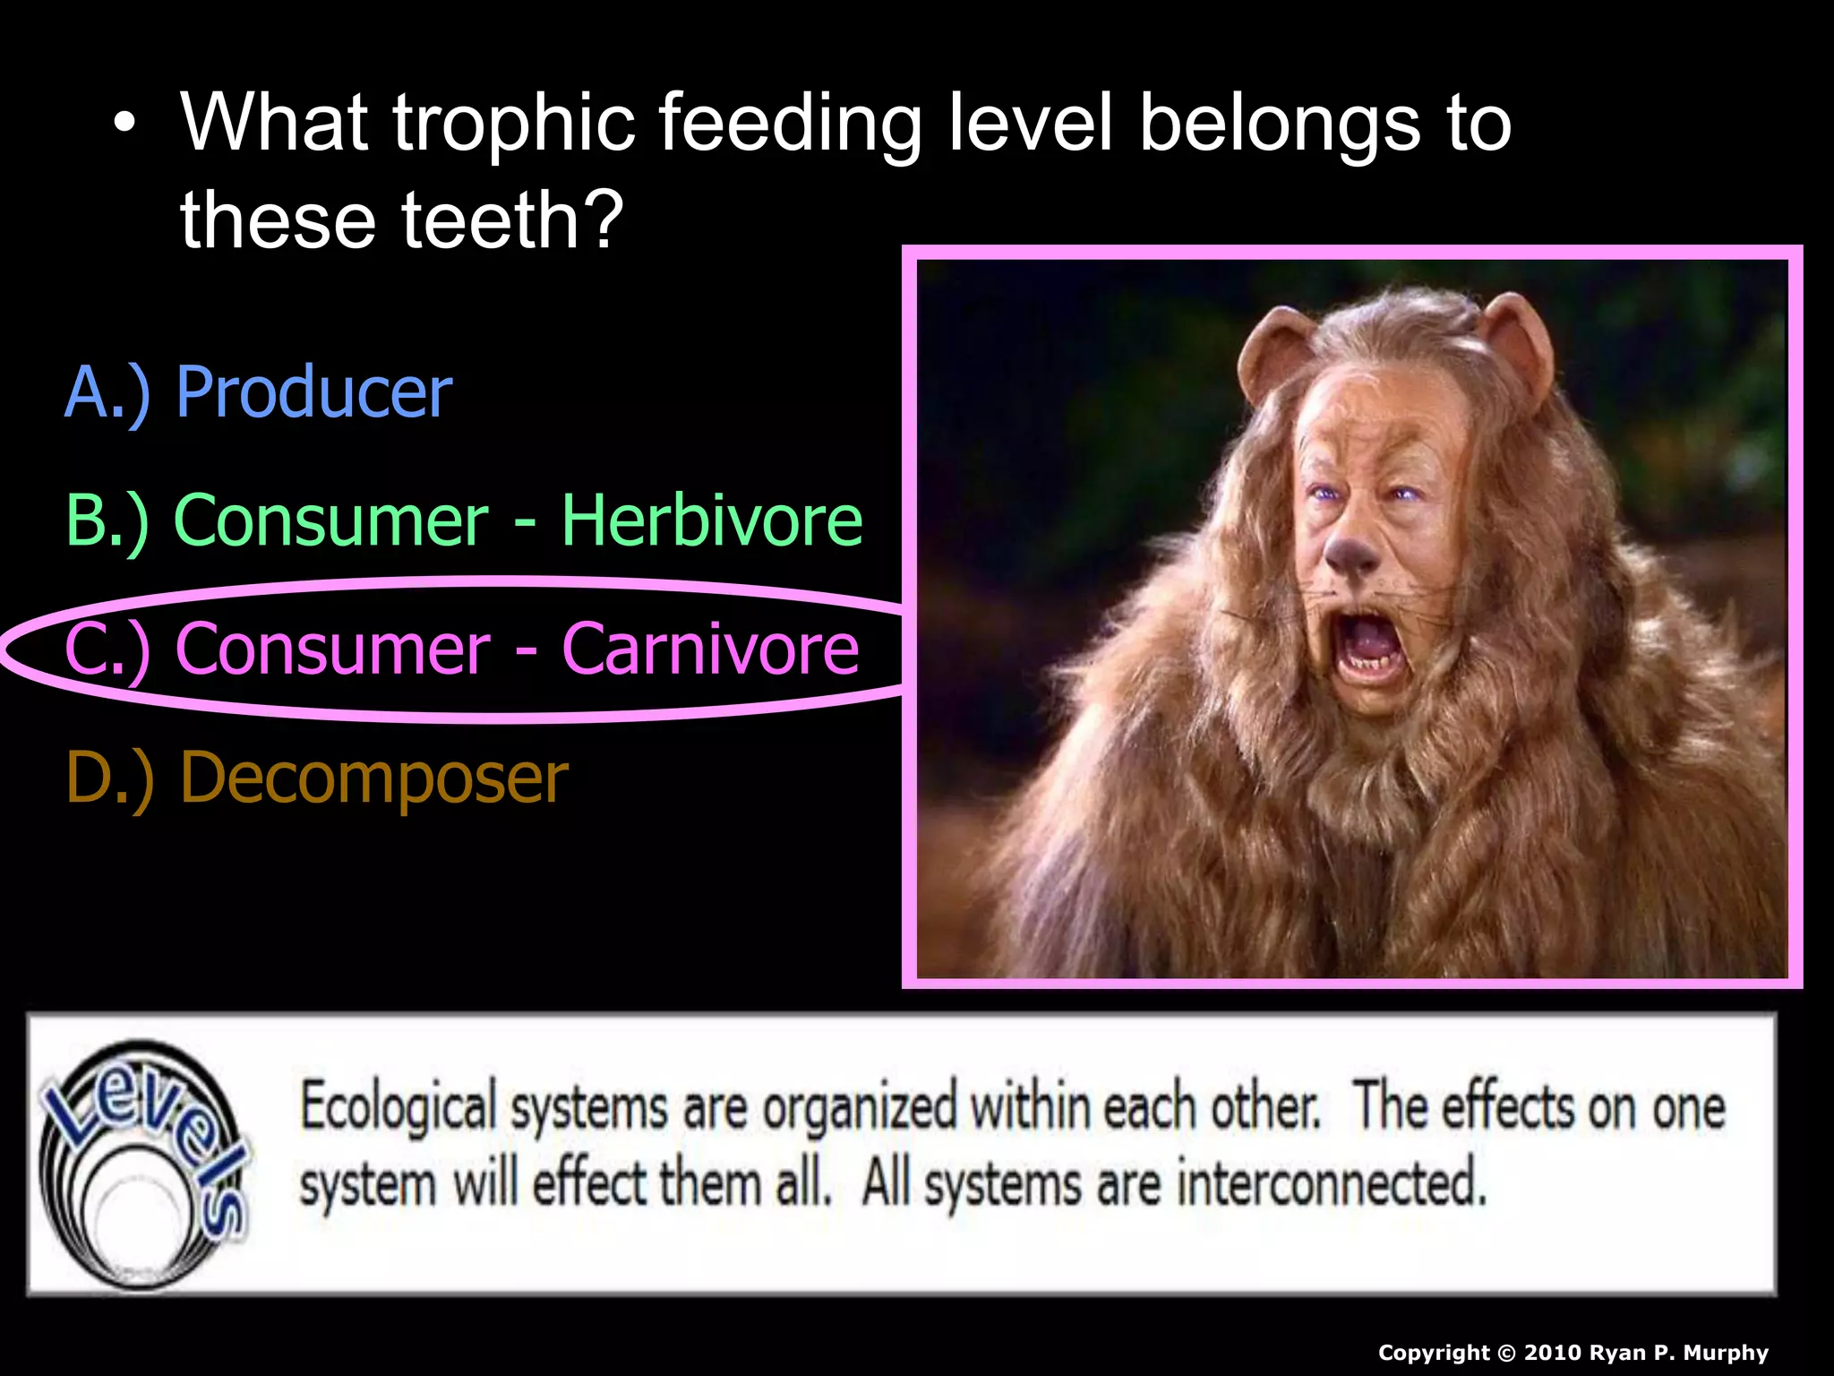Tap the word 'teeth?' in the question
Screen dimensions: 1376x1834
click(512, 220)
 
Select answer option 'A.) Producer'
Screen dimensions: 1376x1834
click(259, 392)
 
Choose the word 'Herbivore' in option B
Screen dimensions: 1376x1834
click(712, 520)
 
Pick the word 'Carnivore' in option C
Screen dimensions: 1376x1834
click(710, 649)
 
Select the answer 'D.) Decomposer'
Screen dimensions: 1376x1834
click(317, 778)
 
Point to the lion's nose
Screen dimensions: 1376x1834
click(1350, 553)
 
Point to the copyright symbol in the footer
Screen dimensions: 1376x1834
click(1507, 1353)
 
